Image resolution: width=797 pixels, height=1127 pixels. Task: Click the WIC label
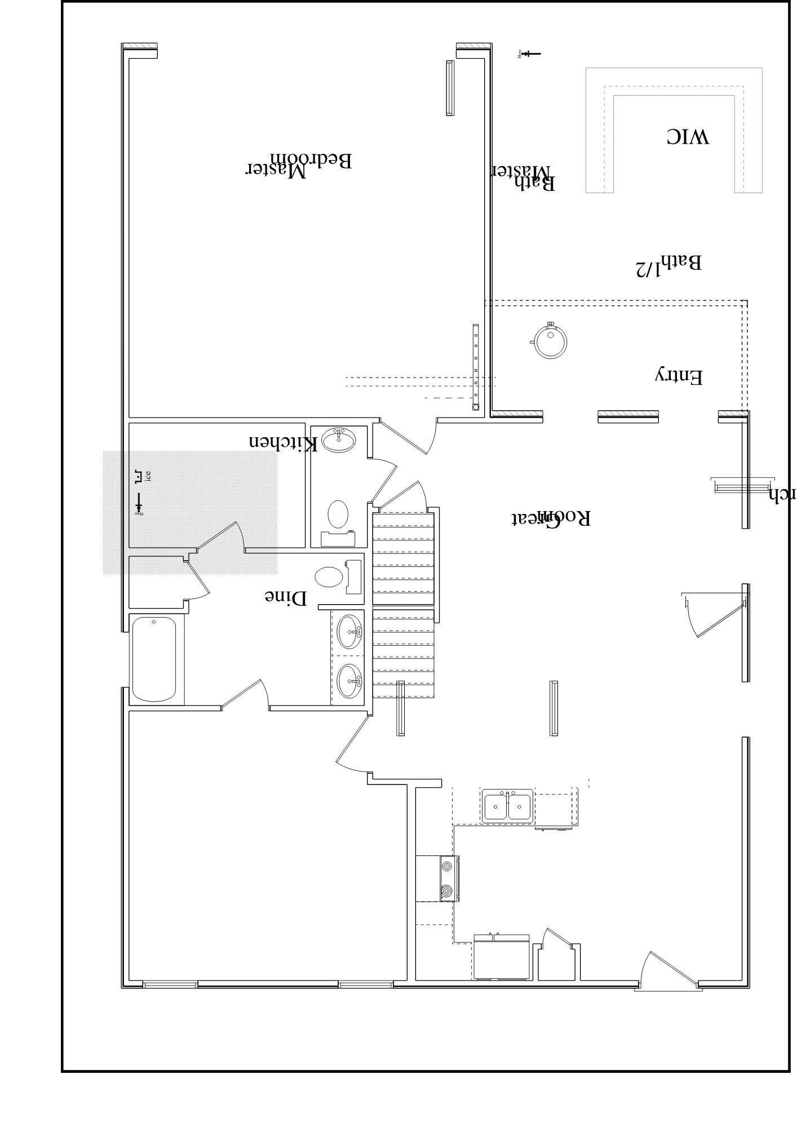(688, 136)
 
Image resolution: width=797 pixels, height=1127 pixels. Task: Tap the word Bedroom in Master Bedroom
(311, 160)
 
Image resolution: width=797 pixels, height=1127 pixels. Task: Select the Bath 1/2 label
(668, 265)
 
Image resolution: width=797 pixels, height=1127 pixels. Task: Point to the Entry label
(679, 376)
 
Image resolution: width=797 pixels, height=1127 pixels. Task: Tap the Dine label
(286, 597)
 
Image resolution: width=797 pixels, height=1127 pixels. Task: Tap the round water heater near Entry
(550, 341)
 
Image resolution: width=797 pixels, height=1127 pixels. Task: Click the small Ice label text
(148, 477)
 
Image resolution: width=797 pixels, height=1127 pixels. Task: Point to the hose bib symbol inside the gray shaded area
(138, 503)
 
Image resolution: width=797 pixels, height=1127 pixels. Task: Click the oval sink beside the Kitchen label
(339, 440)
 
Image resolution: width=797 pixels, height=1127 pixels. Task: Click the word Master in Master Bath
(522, 171)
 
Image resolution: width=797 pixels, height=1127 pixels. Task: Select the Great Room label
(551, 518)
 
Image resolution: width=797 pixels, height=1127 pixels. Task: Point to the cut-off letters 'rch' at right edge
(782, 495)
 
